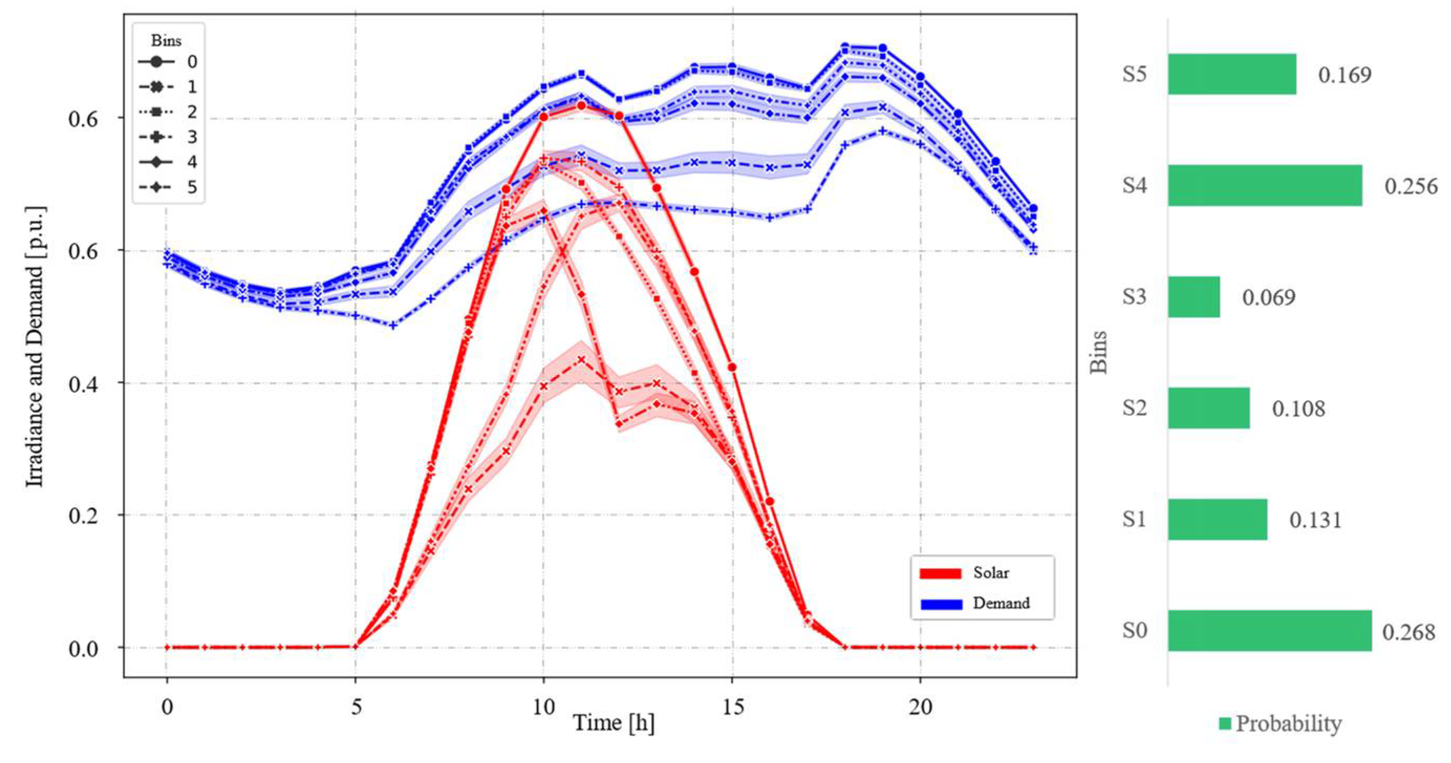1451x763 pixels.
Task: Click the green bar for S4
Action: point(1264,186)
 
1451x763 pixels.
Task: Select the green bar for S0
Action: point(1269,630)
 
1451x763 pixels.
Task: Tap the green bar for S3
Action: point(1194,297)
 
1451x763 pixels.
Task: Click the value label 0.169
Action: point(1345,74)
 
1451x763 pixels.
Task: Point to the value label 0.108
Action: point(1298,409)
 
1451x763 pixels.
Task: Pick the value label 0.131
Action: point(1315,520)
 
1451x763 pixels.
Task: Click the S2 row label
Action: point(1134,407)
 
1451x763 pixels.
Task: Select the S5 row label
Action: point(1134,74)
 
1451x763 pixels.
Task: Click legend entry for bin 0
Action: point(169,61)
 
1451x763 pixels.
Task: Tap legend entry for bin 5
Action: point(169,187)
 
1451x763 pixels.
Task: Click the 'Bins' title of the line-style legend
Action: point(166,40)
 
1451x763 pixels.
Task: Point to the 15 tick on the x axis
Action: point(733,706)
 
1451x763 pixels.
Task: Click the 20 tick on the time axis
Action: point(921,706)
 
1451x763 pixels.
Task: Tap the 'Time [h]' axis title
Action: point(613,723)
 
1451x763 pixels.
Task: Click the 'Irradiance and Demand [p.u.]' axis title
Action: point(35,347)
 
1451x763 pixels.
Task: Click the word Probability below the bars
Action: point(1288,724)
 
